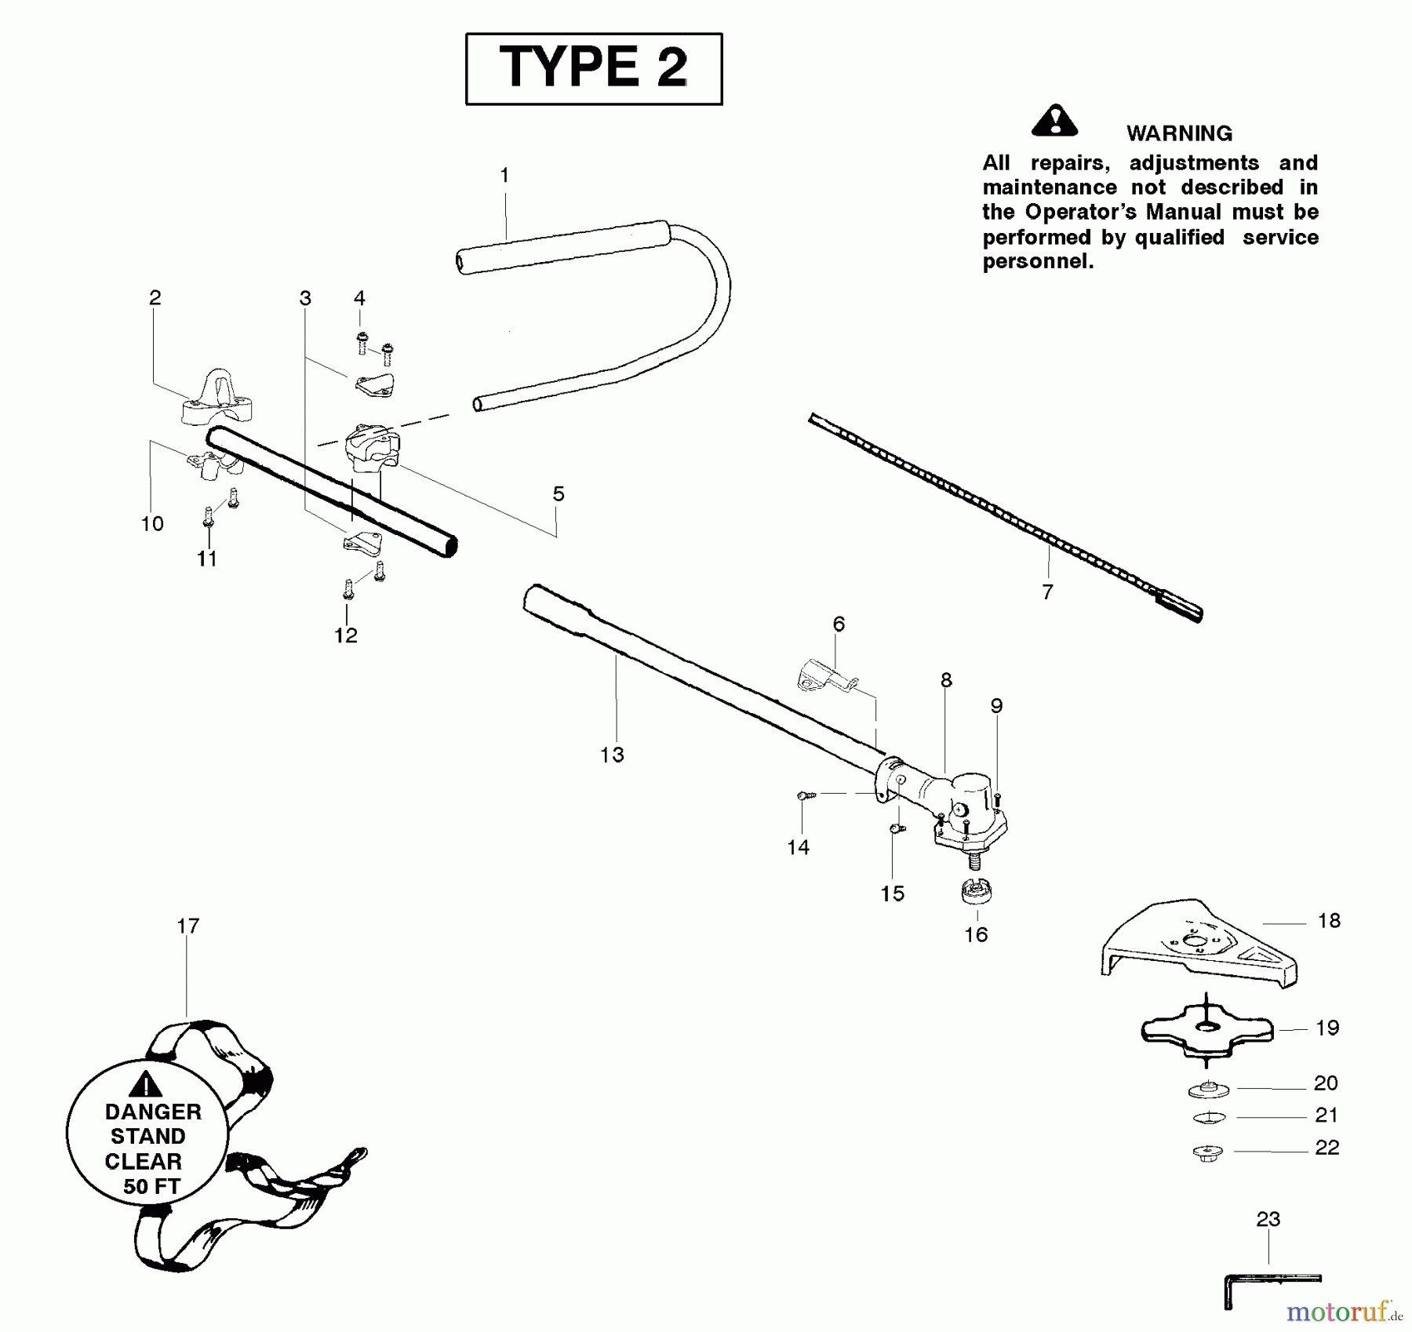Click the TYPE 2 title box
(594, 69)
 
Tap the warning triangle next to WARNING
(1054, 121)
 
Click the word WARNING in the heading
(1179, 133)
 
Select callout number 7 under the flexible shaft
(1047, 593)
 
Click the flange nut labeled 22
(1207, 1152)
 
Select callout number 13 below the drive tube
(612, 755)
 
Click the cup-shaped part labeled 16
(977, 892)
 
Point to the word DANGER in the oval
(153, 1112)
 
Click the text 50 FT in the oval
(151, 1186)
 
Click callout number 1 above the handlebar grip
(504, 176)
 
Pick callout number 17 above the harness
(187, 926)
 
